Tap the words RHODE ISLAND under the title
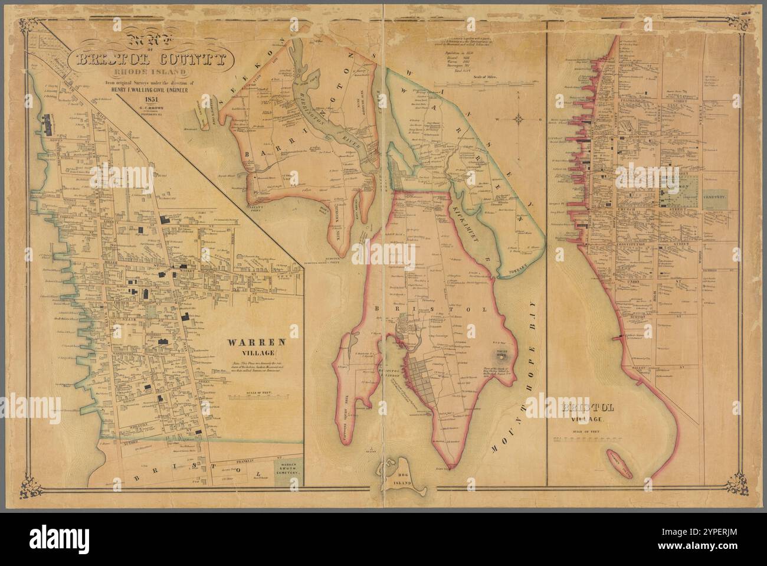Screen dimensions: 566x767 click(152, 73)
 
